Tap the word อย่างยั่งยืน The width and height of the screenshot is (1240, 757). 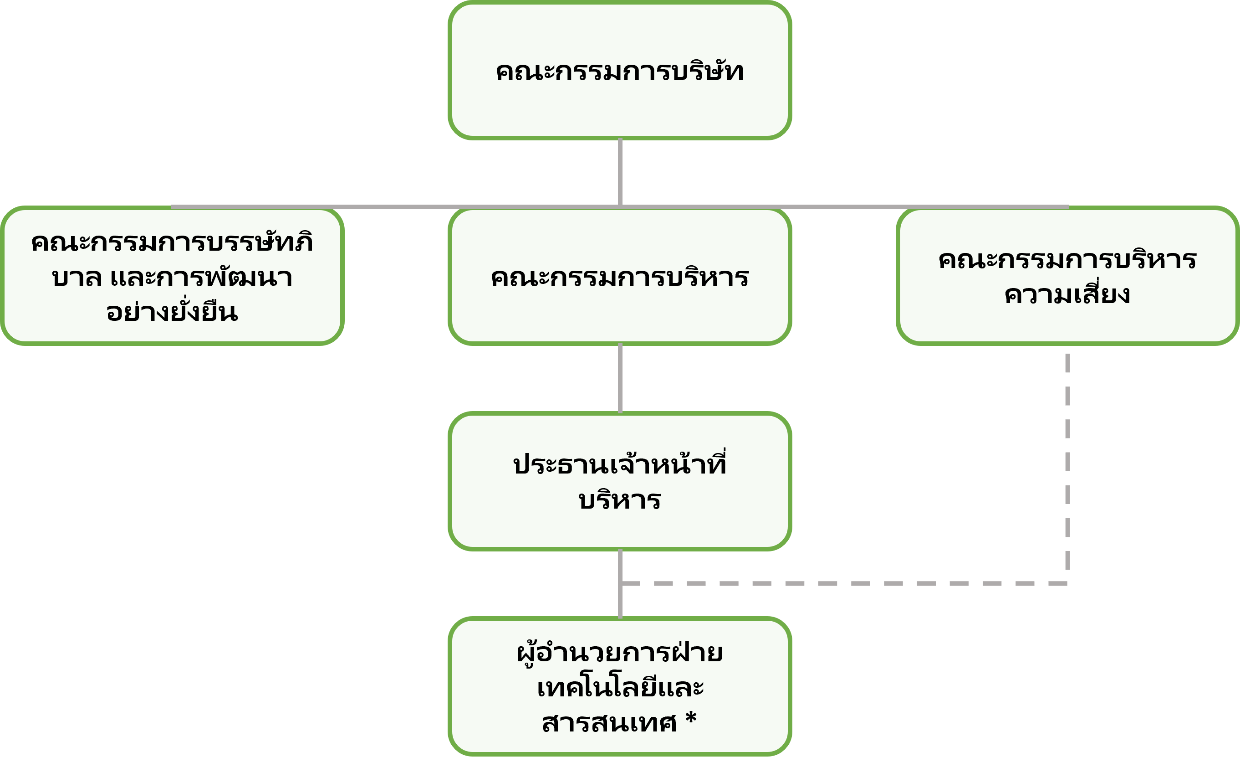coord(172,312)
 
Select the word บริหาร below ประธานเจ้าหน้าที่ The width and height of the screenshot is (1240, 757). coord(619,500)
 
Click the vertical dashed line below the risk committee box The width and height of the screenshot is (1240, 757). coord(1067,463)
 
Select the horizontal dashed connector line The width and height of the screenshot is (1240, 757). coord(846,584)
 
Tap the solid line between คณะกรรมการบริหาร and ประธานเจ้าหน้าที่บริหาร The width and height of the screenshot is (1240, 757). coord(620,378)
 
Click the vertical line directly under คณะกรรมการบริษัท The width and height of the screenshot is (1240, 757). coord(620,171)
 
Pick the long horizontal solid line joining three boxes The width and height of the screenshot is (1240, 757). coord(403,206)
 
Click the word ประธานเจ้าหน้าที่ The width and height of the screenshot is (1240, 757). coord(619,464)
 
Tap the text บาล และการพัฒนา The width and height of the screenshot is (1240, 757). coord(172,278)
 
